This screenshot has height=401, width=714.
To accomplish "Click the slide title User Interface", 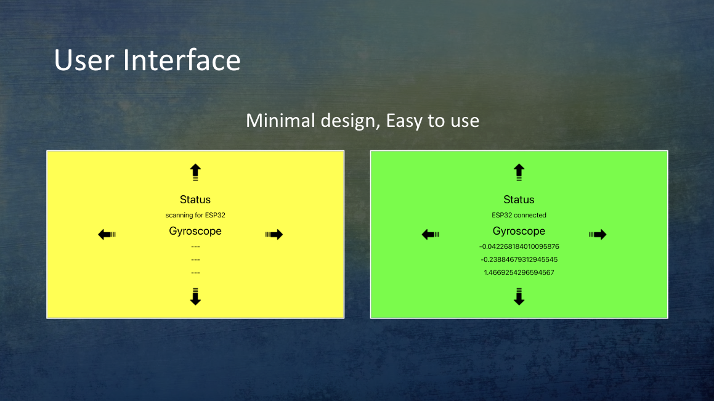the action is [x=147, y=60].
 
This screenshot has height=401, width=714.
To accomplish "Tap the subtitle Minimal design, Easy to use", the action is [x=362, y=121].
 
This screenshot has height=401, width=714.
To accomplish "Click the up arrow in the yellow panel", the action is [x=195, y=172].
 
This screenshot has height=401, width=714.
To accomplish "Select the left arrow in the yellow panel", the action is [x=107, y=235].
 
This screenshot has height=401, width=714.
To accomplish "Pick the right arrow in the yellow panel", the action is [x=274, y=235].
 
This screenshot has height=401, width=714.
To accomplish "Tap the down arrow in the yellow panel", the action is [x=195, y=296].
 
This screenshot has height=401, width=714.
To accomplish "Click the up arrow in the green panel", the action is [x=519, y=172].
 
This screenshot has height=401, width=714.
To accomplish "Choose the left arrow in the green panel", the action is [x=431, y=235].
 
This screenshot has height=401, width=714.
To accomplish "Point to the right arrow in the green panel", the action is [x=598, y=235].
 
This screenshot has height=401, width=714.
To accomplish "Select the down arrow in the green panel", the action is [x=519, y=296].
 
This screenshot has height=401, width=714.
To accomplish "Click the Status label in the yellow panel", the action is [x=195, y=200].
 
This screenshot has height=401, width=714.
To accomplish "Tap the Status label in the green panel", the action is [x=519, y=200].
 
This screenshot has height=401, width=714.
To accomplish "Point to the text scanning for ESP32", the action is [x=195, y=215].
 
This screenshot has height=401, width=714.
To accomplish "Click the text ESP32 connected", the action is [x=519, y=215].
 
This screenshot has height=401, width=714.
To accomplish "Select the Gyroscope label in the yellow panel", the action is [x=195, y=231].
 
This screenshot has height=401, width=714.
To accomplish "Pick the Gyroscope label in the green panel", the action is [x=519, y=231].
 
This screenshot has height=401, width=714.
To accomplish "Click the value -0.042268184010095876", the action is [x=519, y=246].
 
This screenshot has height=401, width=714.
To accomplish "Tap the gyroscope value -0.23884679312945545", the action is [x=519, y=259].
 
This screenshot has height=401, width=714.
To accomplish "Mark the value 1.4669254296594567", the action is [x=519, y=272].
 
